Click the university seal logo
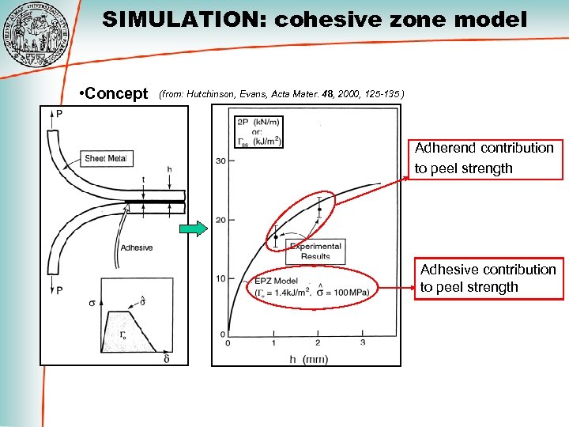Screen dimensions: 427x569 pyautogui.click(x=35, y=36)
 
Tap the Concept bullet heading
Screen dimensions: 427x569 pyautogui.click(x=115, y=94)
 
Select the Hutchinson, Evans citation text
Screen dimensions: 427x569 pyautogui.click(x=283, y=94)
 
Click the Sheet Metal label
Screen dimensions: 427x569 pyautogui.click(x=106, y=159)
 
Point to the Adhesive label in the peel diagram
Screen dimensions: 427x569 pyautogui.click(x=137, y=248)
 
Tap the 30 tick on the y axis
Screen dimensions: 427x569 pyautogui.click(x=220, y=161)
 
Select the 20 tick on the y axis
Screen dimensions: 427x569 pyautogui.click(x=220, y=219)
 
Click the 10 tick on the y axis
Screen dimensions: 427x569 pyautogui.click(x=220, y=278)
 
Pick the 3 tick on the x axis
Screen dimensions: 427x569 pyautogui.click(x=363, y=342)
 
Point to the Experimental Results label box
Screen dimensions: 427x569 pyautogui.click(x=315, y=251)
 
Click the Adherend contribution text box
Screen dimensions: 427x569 pyautogui.click(x=484, y=158)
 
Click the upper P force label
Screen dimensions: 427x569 pyautogui.click(x=59, y=114)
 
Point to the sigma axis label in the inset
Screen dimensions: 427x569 pyautogui.click(x=92, y=303)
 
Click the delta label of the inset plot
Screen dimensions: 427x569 pyautogui.click(x=167, y=358)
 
